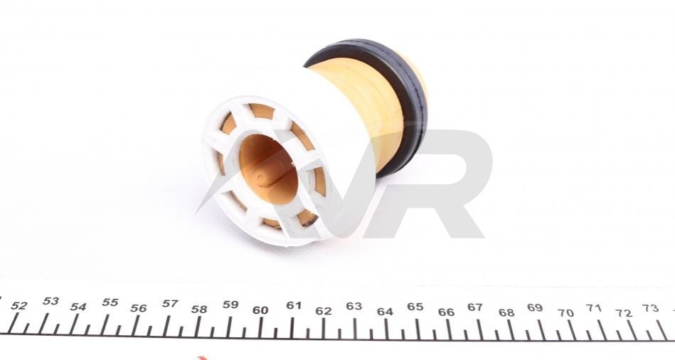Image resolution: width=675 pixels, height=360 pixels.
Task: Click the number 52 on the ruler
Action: click(x=18, y=306)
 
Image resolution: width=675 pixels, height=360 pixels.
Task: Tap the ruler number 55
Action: click(x=110, y=302)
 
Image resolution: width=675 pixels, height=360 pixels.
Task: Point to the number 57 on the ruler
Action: click(x=170, y=304)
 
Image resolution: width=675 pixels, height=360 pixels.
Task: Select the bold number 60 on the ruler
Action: click(x=260, y=310)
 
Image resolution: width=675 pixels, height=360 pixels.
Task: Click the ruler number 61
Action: click(x=294, y=305)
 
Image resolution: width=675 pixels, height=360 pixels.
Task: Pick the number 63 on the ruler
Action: click(x=354, y=306)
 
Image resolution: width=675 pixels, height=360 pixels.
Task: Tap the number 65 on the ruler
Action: click(x=415, y=307)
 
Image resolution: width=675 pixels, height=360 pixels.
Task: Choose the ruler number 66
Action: click(x=446, y=312)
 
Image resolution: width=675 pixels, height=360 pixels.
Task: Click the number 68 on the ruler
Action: click(x=506, y=312)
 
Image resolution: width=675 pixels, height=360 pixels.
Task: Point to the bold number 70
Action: click(x=566, y=313)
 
